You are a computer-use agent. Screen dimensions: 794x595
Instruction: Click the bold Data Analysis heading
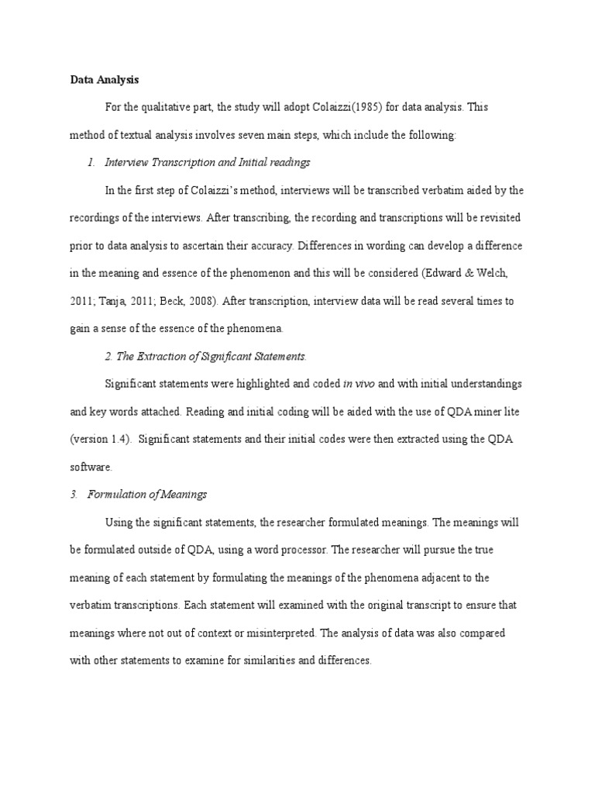pos(105,78)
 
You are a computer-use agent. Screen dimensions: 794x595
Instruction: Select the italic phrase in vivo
pos(359,384)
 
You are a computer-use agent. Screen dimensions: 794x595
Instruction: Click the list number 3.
pos(73,495)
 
